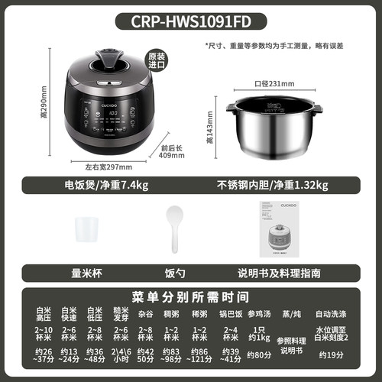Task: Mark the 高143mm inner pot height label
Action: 210,126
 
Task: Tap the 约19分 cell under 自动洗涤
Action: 333,354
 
